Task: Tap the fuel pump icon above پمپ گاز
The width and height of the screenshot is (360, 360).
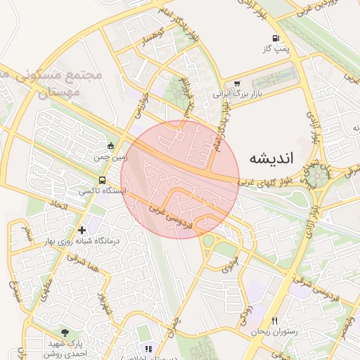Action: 273,38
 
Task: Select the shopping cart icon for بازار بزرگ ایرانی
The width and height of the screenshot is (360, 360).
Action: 236,82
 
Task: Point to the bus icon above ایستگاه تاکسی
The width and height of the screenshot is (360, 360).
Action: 103,180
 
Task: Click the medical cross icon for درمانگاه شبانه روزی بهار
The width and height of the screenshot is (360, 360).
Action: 83,230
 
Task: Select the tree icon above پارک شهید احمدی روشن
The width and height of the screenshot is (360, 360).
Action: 65,331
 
